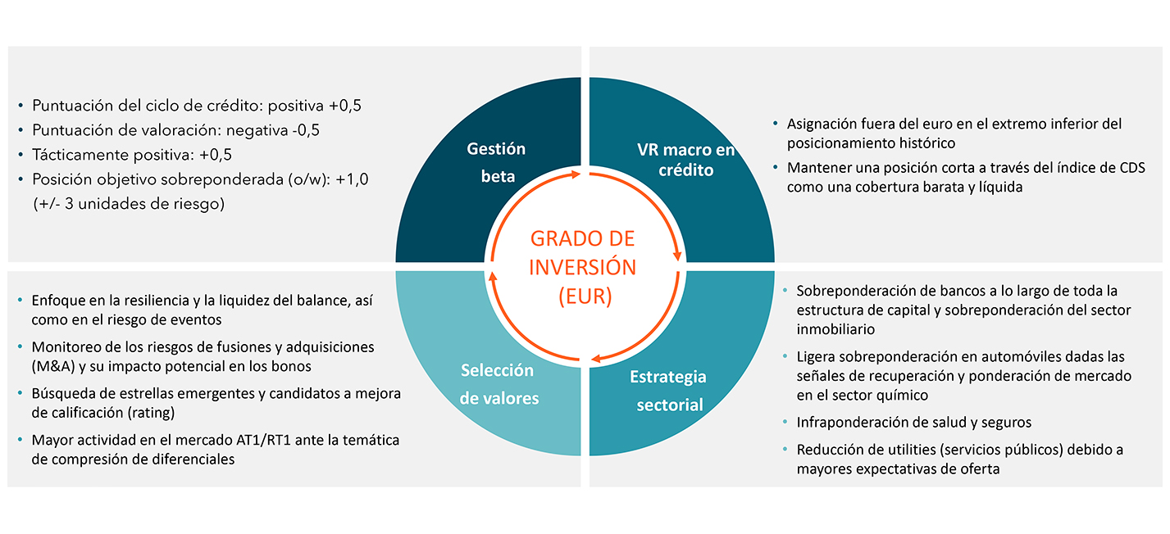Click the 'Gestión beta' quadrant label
496,161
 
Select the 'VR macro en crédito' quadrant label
675,160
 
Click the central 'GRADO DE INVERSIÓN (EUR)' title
583,267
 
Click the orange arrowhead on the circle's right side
677,256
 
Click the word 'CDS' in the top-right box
1130,169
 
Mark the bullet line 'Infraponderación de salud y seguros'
914,423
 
